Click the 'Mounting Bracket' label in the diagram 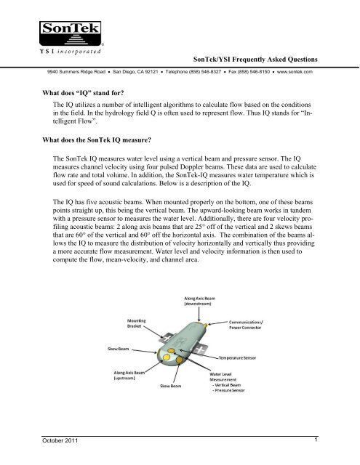pos(140,323)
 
